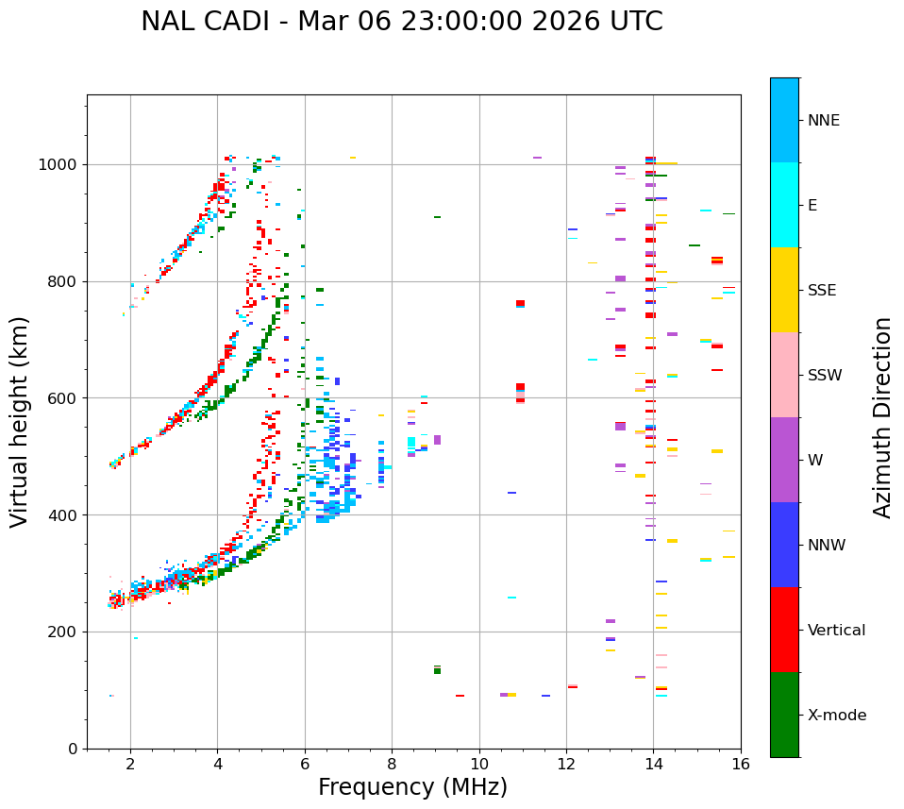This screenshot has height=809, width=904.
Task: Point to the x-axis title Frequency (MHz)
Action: pos(412,787)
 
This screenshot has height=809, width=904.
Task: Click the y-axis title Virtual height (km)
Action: pos(21,421)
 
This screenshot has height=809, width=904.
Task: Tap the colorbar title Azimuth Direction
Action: pos(882,417)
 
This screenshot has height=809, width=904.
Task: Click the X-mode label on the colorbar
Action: pos(836,716)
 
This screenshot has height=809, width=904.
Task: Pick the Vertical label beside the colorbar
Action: pos(836,631)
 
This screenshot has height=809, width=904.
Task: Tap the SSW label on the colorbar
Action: pos(825,376)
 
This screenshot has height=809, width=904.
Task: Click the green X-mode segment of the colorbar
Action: pos(784,715)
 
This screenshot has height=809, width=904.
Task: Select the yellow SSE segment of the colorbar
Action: pos(784,290)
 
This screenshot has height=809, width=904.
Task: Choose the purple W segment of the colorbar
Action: pos(784,460)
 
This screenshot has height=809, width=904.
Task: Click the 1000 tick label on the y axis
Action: pos(59,165)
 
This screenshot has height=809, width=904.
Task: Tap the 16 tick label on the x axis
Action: pos(741,764)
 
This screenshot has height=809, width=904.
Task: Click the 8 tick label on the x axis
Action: pos(393,764)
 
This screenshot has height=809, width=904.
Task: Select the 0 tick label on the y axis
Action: pos(72,749)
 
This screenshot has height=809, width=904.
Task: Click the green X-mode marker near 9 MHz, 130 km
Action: pos(437,670)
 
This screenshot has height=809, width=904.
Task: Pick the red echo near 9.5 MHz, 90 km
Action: pos(460,696)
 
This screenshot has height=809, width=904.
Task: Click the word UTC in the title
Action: pos(633,22)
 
